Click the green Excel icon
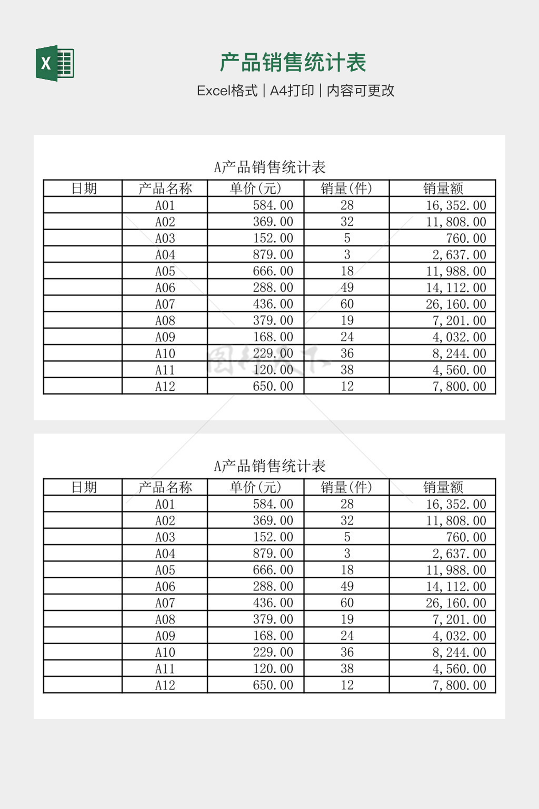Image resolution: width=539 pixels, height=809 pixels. tap(55, 63)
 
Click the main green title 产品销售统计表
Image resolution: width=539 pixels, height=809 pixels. tap(293, 63)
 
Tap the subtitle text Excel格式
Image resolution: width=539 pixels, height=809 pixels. tap(227, 91)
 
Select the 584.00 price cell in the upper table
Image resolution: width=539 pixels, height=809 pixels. tap(273, 205)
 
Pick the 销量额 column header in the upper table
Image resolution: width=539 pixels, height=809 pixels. tap(443, 188)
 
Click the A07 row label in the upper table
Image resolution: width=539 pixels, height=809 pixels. tap(165, 304)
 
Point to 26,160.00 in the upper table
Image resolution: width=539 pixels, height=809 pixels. tap(456, 304)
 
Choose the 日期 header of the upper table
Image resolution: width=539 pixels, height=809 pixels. tap(84, 188)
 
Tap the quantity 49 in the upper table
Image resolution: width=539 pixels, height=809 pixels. tap(347, 288)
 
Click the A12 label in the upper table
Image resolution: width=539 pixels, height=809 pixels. tap(165, 386)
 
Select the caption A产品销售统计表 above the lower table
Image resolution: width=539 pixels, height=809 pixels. tap(269, 466)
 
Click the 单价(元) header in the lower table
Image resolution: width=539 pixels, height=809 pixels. tap(256, 487)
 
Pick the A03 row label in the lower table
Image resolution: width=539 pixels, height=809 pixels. tap(165, 537)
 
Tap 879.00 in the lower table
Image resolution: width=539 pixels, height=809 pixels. tap(273, 554)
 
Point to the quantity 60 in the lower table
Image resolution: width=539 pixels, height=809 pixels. tap(347, 603)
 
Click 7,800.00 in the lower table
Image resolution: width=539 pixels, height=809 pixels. tap(459, 685)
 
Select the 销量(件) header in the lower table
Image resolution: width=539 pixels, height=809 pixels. tap(346, 487)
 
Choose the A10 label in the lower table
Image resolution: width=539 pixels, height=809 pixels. tap(165, 652)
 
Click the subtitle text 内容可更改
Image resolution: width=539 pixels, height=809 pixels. tap(361, 91)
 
